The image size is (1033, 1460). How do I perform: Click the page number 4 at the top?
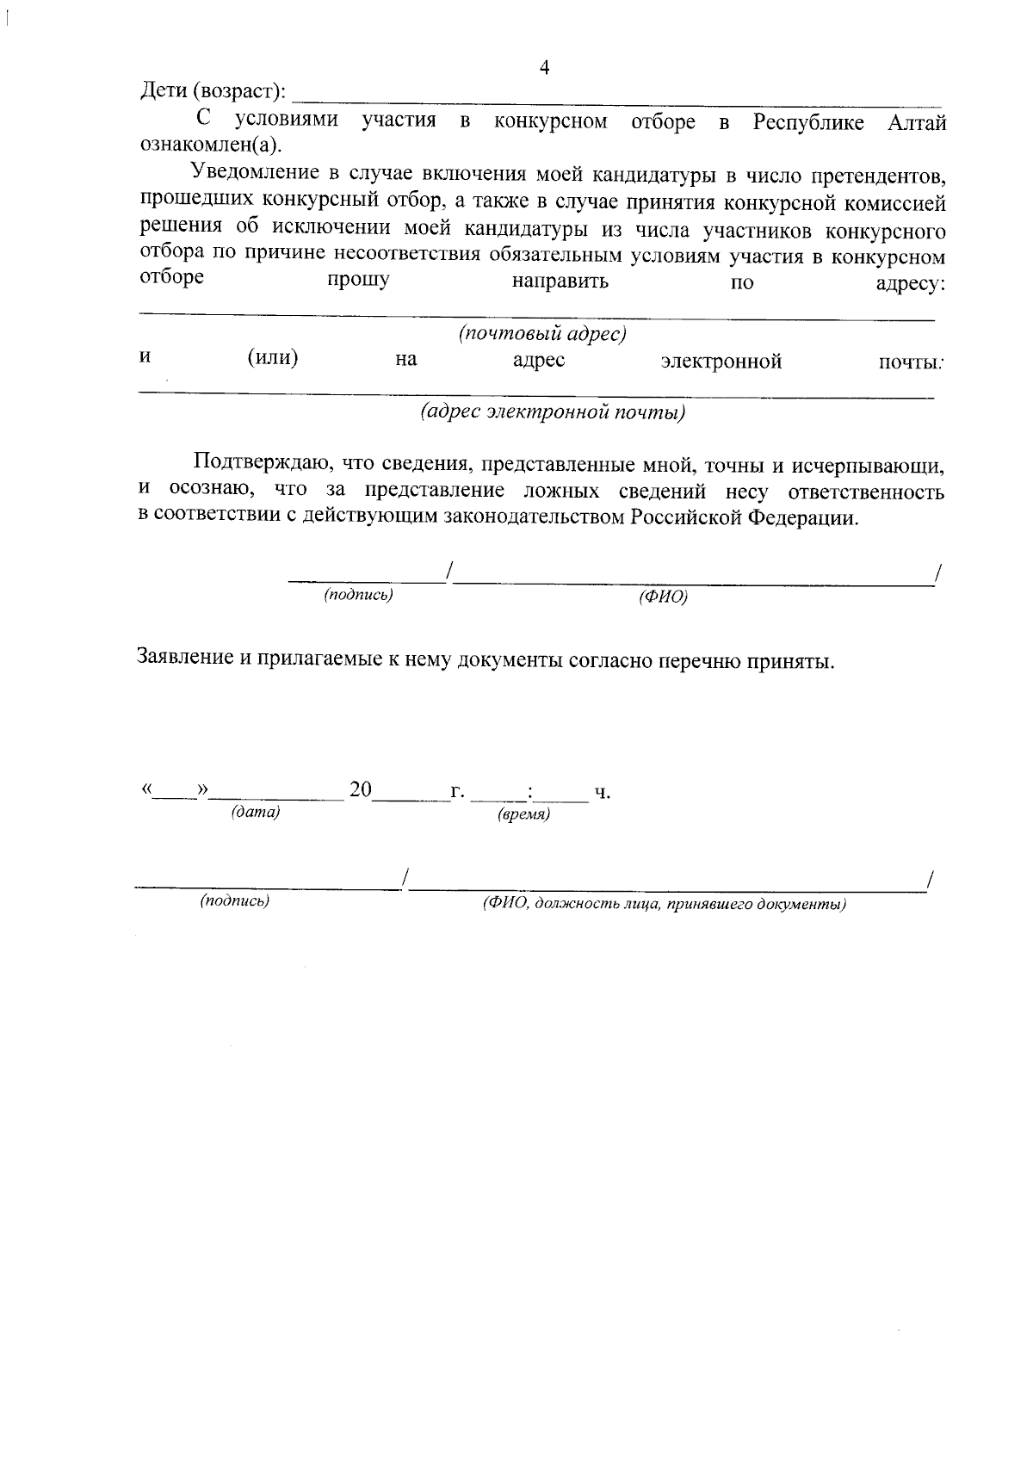[543, 68]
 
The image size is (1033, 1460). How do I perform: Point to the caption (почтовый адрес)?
[541, 333]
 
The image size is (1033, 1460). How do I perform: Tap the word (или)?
[273, 358]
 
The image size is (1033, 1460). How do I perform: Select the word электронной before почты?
[721, 362]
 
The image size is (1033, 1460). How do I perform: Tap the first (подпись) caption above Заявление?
[358, 595]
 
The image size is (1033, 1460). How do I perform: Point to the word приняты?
[789, 662]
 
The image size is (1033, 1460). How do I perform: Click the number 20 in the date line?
[360, 789]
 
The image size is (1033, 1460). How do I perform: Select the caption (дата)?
[256, 812]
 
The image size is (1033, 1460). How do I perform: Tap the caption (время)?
[523, 814]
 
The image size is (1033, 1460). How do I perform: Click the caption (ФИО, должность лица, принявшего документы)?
[664, 905]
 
